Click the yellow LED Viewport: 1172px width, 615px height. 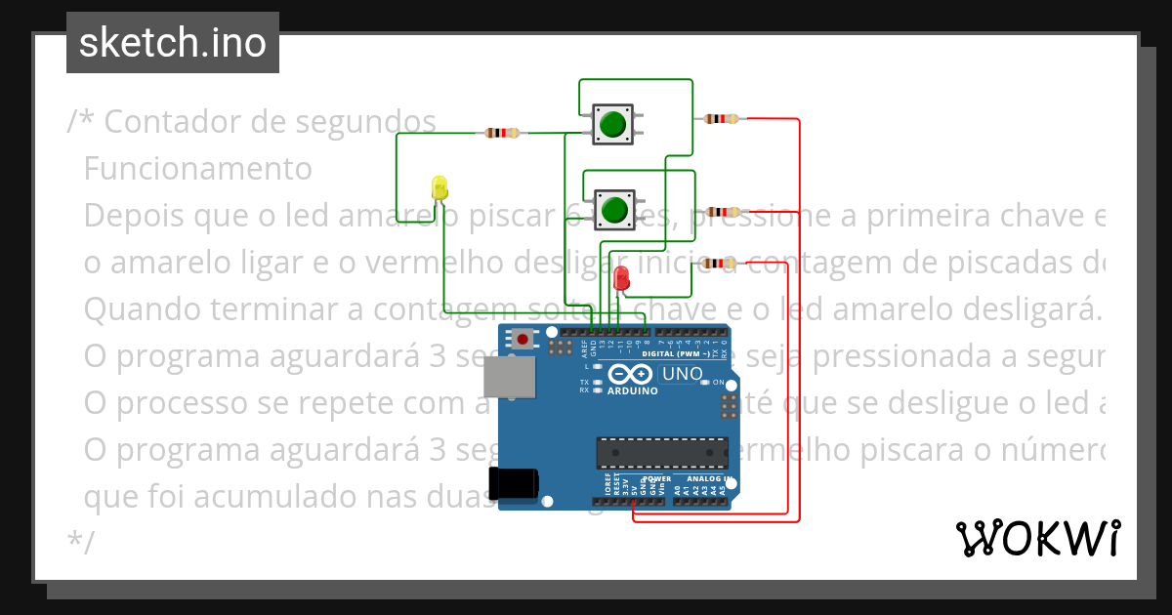point(439,187)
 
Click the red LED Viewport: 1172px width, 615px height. point(621,278)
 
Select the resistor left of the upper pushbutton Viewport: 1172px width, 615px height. point(501,133)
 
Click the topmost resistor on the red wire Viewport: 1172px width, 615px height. point(721,119)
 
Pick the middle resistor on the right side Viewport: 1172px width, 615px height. point(722,212)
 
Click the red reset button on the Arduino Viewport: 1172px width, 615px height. point(524,340)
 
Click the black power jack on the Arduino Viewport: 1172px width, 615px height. point(514,483)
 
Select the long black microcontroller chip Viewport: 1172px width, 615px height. point(662,453)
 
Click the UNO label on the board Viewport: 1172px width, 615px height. point(683,374)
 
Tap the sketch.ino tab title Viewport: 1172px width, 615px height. point(172,43)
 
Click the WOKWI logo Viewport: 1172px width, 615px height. point(1037,538)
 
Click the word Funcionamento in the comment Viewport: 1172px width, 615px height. point(198,169)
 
